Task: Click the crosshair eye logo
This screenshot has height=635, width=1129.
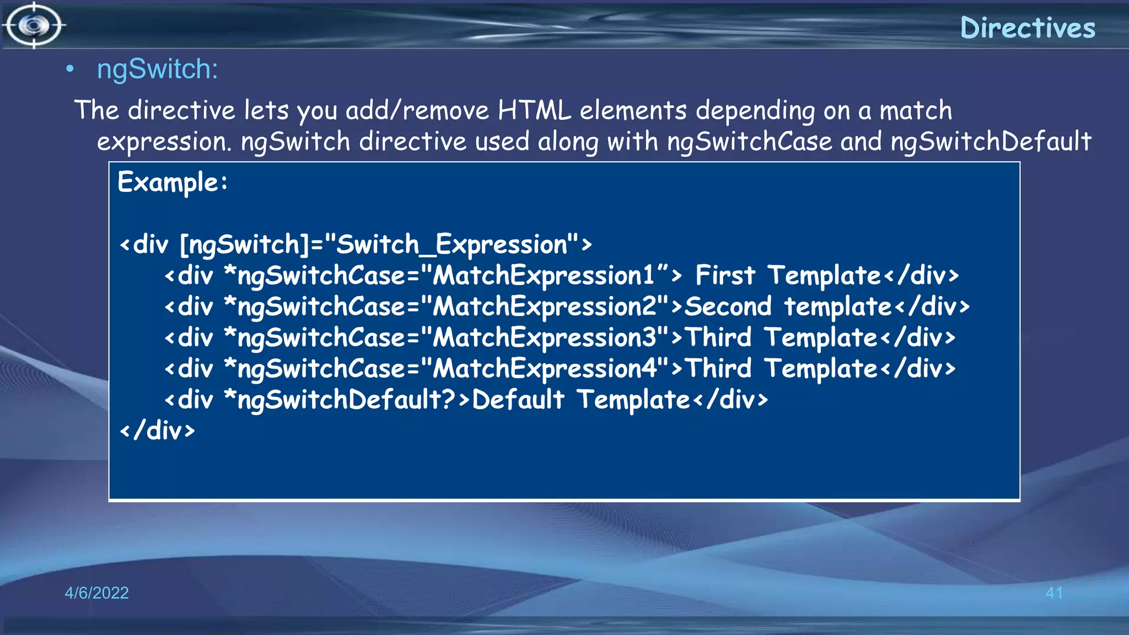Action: [34, 25]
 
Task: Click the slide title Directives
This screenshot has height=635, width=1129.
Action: [1028, 28]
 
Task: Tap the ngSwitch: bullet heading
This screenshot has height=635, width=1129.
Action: [158, 69]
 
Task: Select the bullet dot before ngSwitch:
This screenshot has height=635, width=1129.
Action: [69, 69]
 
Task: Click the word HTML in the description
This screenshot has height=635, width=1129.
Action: [534, 110]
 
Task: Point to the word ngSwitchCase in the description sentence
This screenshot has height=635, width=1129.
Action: [749, 142]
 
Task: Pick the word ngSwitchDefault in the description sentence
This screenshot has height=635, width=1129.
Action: [991, 142]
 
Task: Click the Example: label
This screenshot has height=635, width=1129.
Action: [173, 182]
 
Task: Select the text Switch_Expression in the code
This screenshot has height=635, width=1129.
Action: [451, 244]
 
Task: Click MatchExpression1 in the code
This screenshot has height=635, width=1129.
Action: [543, 276]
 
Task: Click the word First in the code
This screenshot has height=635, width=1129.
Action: [724, 275]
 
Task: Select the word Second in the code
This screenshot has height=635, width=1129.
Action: [728, 306]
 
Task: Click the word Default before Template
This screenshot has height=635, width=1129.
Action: [518, 400]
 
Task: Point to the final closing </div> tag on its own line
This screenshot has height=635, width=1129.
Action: [158, 430]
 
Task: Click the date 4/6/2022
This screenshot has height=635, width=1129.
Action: [96, 593]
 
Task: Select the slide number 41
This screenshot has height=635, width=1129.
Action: [1053, 593]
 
